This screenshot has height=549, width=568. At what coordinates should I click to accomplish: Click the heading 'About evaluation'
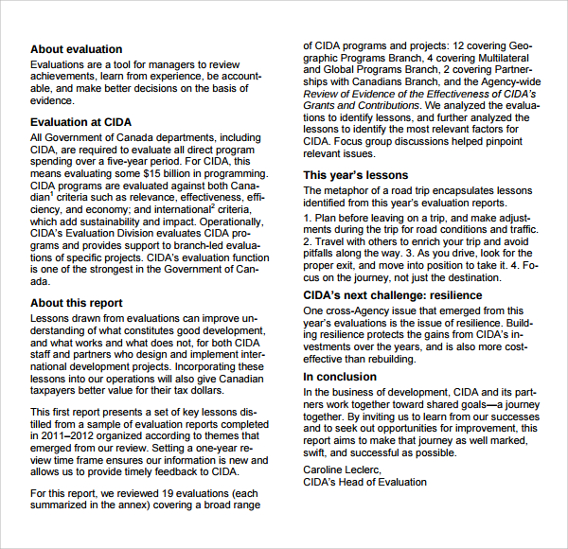point(76,49)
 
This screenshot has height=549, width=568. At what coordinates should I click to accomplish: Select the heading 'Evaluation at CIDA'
point(80,122)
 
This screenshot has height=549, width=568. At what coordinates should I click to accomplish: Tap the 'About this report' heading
point(76,303)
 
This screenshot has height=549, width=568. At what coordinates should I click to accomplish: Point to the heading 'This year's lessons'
point(355,175)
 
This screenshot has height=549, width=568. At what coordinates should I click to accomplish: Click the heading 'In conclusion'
point(340,377)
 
